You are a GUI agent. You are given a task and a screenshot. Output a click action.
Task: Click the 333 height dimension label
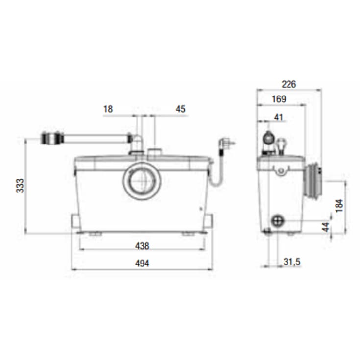(x=20, y=186)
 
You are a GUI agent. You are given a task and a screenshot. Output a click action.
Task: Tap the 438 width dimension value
(x=142, y=246)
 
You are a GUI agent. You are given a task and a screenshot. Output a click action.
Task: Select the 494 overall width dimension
(x=142, y=264)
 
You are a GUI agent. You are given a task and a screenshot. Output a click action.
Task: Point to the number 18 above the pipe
(x=108, y=109)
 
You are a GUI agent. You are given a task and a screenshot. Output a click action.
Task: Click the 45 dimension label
(x=180, y=109)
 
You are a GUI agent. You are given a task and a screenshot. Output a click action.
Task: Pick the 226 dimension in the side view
(x=289, y=84)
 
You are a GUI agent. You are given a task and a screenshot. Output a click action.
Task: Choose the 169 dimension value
(x=279, y=99)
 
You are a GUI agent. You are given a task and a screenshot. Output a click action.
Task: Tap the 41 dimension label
(x=279, y=118)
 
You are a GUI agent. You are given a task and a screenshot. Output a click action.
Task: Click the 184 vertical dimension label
(x=339, y=206)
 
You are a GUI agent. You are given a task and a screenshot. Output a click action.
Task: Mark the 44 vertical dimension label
(x=326, y=227)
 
